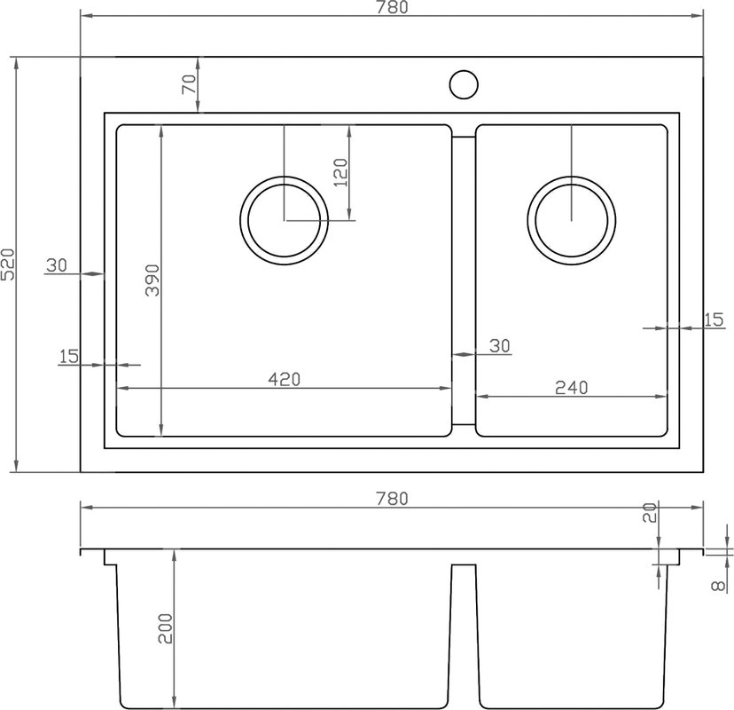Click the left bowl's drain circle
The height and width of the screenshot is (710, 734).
[x=285, y=177]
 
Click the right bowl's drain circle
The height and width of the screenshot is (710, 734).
[x=571, y=177]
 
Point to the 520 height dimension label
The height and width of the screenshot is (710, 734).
[x=9, y=264]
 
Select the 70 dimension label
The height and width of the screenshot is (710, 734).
[x=190, y=84]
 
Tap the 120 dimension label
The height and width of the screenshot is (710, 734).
[x=341, y=172]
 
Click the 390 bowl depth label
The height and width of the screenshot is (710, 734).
[x=152, y=280]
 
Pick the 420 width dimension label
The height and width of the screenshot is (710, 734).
[x=285, y=379]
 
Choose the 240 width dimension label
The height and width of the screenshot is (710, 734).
[x=571, y=388]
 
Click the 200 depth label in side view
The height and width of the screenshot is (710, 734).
[x=165, y=628]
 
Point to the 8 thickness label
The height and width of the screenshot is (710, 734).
[x=718, y=586]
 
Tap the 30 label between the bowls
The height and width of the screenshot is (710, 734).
[x=500, y=346]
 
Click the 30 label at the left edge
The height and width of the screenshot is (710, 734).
[x=57, y=265]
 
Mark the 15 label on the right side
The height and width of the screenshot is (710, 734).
[x=714, y=319]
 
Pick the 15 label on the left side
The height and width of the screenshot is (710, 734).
[x=69, y=356]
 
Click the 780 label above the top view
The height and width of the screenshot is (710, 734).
[x=392, y=7]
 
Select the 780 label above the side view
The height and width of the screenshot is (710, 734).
[x=392, y=499]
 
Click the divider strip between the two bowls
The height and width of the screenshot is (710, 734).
[x=464, y=280]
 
